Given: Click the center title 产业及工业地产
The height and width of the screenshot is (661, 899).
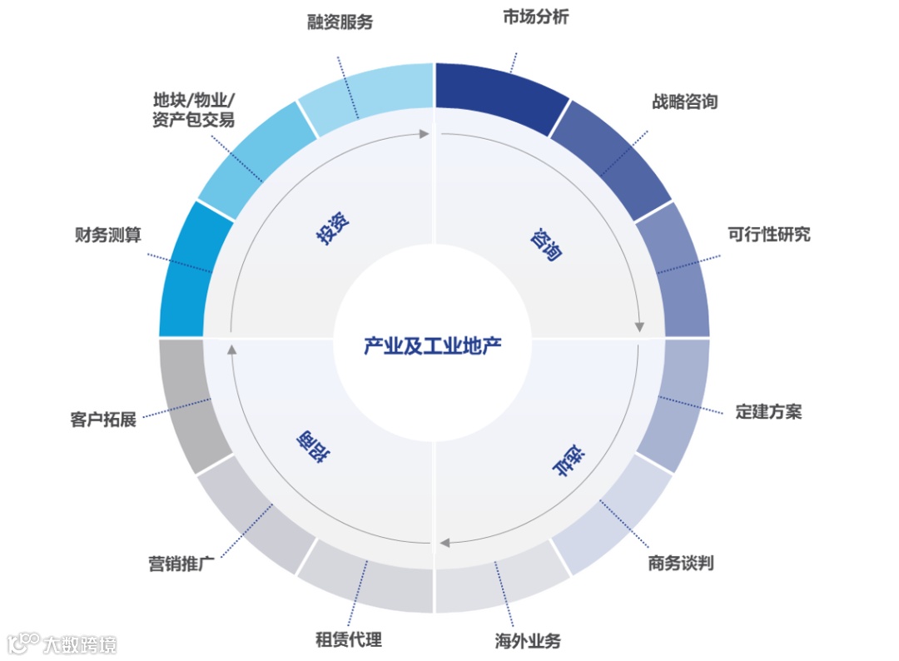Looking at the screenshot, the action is [433, 345].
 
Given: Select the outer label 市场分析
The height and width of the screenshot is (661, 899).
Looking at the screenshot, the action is [535, 17].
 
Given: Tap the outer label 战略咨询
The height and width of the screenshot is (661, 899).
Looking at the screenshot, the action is [684, 102].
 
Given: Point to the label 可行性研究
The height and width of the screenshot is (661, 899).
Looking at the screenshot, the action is [768, 234].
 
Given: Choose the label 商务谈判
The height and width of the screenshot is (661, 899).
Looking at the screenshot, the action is [680, 564].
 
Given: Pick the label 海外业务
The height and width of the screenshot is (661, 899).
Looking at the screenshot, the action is [528, 641].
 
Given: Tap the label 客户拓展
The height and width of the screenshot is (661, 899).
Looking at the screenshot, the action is [103, 419].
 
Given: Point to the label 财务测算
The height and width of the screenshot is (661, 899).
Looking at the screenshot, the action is [107, 236].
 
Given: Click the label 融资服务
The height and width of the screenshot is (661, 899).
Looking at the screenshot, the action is [339, 22].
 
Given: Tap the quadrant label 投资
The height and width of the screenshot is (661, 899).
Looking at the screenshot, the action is [331, 227].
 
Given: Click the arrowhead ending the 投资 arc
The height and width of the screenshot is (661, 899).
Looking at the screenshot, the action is [426, 133].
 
